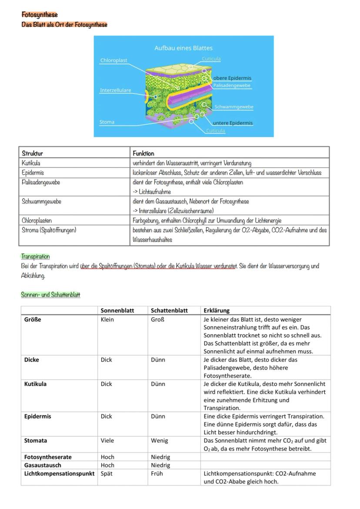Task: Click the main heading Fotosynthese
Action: point(40,15)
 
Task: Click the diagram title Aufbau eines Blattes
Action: point(183,48)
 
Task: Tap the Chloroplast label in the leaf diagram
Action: point(114,60)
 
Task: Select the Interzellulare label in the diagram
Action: point(115,90)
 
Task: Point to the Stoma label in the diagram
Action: point(107,122)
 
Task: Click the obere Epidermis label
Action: point(232,78)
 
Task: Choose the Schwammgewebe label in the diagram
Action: point(233,107)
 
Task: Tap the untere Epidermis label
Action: point(233,123)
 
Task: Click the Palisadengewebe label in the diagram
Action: point(232,86)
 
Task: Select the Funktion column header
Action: point(143,153)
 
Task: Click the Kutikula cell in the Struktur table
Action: point(31,163)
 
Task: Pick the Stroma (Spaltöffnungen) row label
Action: point(49,230)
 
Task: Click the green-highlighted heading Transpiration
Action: point(35,256)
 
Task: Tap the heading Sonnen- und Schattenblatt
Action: point(50,295)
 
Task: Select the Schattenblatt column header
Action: point(169,310)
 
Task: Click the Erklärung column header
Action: point(216,310)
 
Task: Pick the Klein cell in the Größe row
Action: point(107,319)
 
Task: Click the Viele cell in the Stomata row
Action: point(107,440)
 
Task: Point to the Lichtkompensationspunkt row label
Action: point(59,473)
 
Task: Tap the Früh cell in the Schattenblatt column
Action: point(157,473)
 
